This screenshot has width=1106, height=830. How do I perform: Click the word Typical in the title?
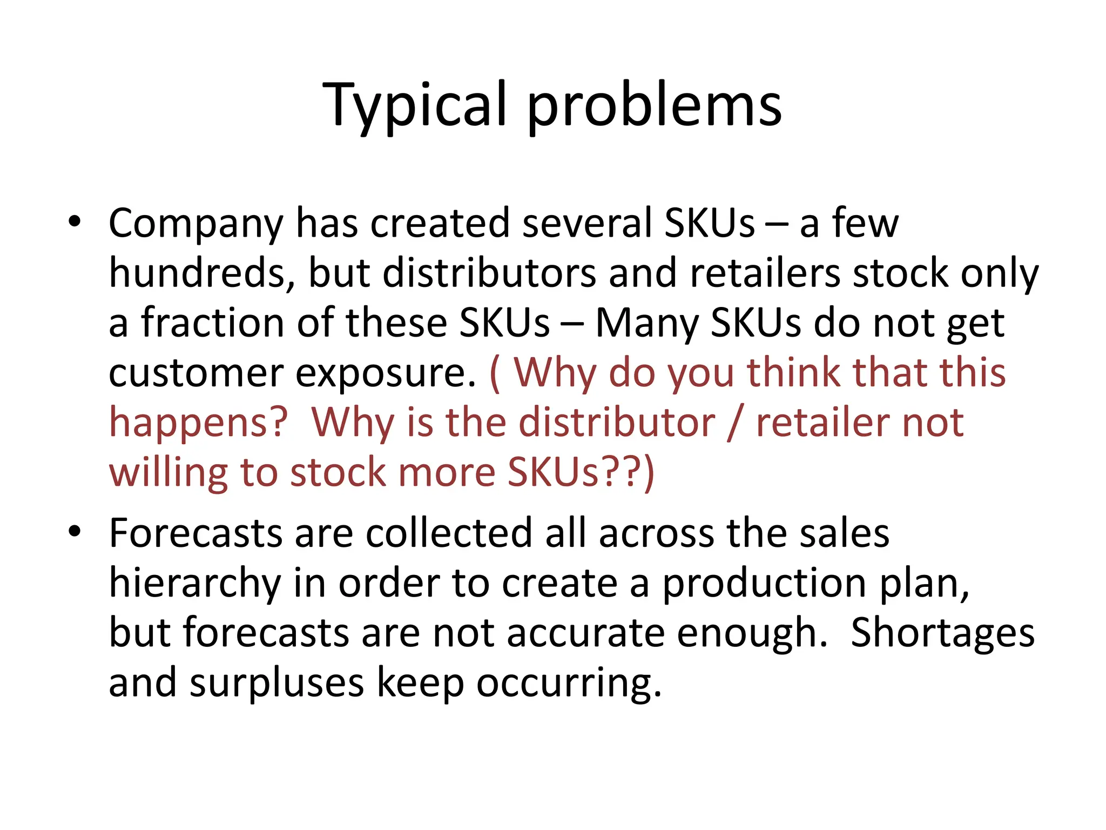click(415, 105)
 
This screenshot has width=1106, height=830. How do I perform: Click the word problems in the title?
click(655, 105)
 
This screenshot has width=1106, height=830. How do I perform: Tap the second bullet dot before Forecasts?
click(75, 532)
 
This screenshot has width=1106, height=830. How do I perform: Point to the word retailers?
click(765, 273)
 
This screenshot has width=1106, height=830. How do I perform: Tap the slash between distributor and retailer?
click(735, 423)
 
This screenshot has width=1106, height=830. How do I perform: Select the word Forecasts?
click(195, 533)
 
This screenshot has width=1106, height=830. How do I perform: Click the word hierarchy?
click(195, 584)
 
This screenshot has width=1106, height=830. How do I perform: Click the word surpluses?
click(276, 684)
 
